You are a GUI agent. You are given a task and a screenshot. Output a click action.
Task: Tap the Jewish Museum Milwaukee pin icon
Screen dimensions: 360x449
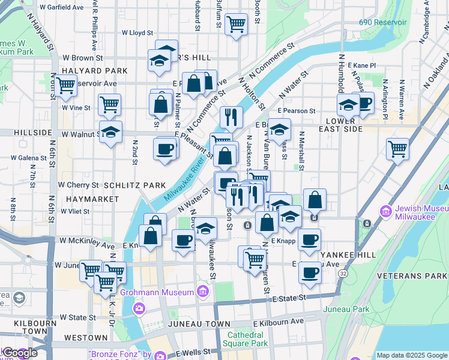pos(385,211)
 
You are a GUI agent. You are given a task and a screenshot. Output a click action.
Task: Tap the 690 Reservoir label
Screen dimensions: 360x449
pos(383,22)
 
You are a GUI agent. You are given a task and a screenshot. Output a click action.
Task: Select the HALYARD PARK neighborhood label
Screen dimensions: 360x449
pos(94,71)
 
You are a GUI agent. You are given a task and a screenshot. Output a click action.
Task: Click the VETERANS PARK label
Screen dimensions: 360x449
pos(412,275)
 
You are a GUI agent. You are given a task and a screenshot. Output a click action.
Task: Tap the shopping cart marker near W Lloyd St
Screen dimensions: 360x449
pos(237,24)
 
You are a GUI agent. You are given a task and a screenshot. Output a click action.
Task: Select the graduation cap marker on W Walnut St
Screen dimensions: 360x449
pos(110,131)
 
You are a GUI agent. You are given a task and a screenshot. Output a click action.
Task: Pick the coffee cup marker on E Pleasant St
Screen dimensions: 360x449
pos(164,148)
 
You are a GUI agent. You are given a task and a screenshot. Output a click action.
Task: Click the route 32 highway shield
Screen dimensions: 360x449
pos(342,273)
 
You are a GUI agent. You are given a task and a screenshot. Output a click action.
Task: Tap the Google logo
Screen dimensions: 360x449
pos(20,353)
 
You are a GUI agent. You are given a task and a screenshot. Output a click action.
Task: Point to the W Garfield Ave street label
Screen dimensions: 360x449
pos(61,8)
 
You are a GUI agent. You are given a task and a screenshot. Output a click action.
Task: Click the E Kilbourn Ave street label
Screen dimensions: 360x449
pos(279,322)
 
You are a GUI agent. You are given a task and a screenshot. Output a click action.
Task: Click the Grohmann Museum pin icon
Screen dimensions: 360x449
pos(203,292)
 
